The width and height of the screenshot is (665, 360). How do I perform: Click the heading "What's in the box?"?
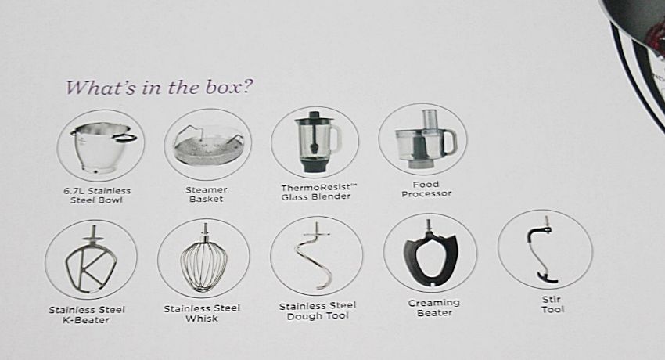(159, 88)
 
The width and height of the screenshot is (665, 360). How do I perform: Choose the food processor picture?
(426, 139)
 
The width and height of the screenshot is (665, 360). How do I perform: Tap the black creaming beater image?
(430, 257)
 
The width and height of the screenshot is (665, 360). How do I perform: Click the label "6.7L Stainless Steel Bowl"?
(97, 196)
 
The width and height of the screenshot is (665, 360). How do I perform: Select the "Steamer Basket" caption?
(207, 194)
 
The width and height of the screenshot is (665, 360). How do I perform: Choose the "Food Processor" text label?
(426, 189)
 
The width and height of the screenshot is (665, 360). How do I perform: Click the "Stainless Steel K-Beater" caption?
(87, 315)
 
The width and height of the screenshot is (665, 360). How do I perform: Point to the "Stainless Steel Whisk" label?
(202, 313)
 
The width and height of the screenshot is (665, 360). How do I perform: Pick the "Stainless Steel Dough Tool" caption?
(318, 311)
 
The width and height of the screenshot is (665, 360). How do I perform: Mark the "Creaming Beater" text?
(434, 308)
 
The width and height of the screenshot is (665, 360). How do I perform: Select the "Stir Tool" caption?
(552, 304)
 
